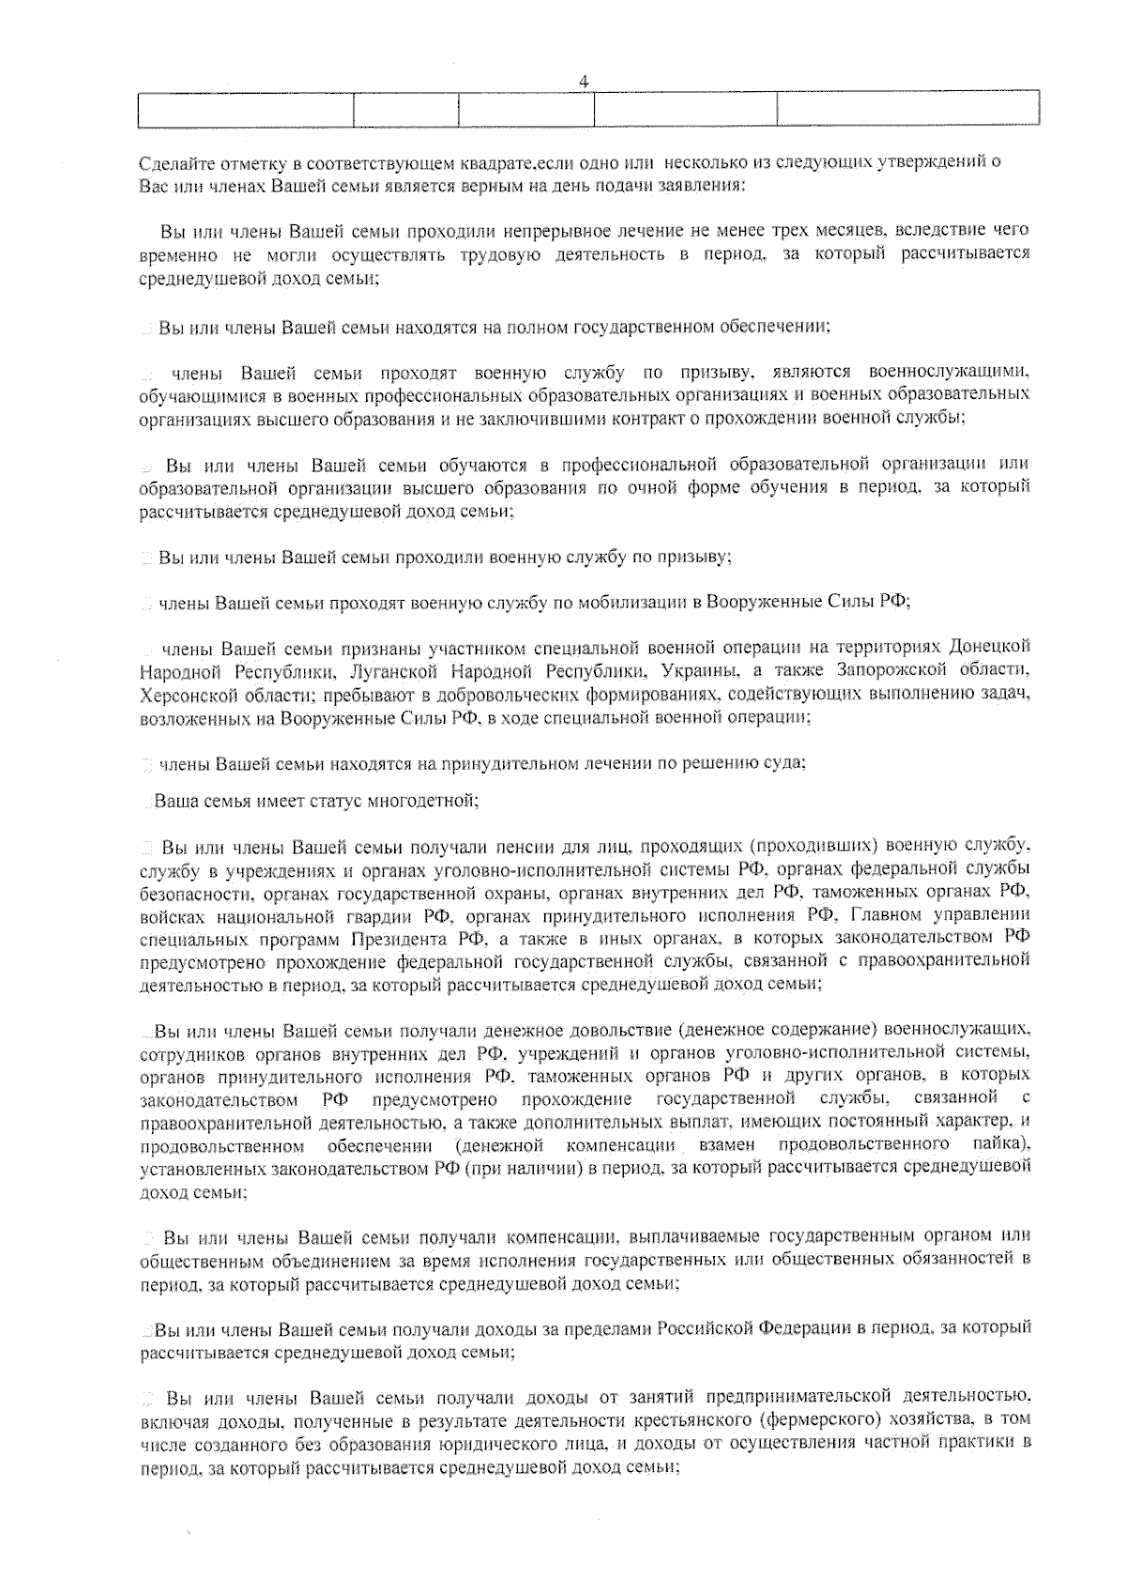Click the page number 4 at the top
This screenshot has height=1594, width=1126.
584,82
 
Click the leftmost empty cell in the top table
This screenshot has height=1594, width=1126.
245,109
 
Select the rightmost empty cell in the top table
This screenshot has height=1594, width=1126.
907,109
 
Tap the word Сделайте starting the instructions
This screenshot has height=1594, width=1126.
173,162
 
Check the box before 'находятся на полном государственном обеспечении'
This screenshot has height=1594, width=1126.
147,329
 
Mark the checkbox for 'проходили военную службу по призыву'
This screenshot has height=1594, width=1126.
147,559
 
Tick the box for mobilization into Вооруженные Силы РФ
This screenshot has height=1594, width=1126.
147,604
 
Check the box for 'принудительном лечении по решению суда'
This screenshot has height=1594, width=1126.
147,764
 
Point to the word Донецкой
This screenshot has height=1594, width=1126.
989,648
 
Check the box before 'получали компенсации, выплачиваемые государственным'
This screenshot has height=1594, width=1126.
148,1236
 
